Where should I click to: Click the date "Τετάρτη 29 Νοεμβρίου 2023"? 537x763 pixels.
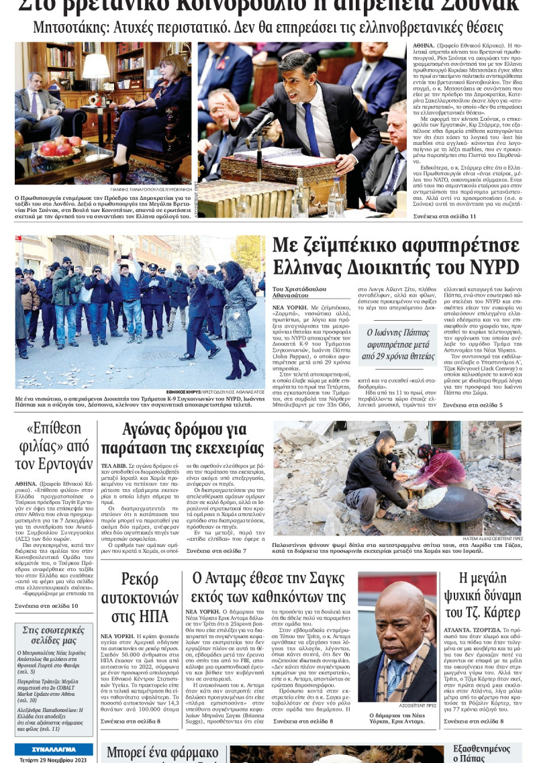[54, 759]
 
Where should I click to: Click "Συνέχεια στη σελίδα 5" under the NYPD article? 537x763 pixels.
[472, 405]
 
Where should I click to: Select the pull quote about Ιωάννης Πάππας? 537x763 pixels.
[397, 344]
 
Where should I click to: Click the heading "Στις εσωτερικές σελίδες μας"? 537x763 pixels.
[54, 635]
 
